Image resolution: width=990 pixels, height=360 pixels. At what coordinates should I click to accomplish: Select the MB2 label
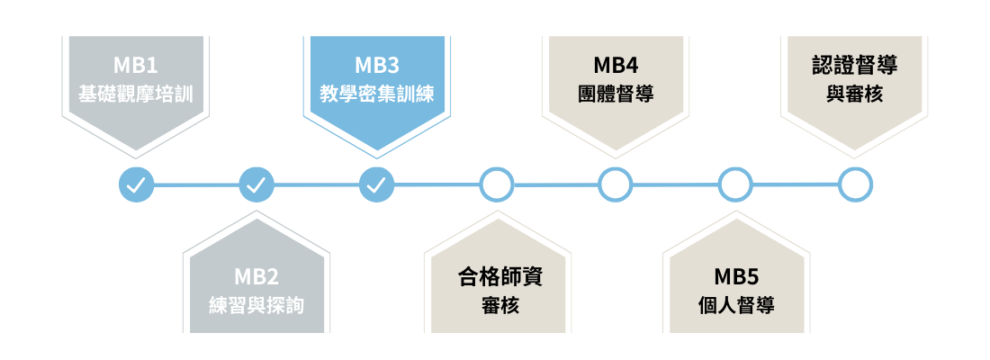(256, 276)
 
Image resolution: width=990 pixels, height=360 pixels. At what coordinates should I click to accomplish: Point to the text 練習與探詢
(256, 304)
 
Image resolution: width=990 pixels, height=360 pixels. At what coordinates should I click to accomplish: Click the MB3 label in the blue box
(377, 66)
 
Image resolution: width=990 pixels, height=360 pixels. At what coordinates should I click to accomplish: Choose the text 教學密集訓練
(377, 93)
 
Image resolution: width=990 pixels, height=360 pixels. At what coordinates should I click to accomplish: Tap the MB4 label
(616, 66)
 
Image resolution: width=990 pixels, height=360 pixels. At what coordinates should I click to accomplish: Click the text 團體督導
(616, 93)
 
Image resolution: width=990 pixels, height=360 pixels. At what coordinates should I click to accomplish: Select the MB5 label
(737, 276)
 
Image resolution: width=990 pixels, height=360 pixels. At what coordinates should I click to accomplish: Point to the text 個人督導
(737, 304)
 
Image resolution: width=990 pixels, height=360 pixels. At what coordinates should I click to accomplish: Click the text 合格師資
(497, 276)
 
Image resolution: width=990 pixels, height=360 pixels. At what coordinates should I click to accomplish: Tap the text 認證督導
(854, 66)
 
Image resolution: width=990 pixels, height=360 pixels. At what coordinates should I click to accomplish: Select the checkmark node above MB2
(256, 185)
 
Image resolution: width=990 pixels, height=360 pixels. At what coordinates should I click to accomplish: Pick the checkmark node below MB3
(376, 185)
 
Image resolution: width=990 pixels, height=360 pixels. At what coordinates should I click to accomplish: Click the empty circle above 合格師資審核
(496, 185)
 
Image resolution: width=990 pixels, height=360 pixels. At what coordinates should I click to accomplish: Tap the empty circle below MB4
(616, 185)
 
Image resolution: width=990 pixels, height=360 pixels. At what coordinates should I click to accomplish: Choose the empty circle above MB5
(735, 185)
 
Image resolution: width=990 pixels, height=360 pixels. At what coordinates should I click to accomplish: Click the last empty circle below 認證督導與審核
(855, 185)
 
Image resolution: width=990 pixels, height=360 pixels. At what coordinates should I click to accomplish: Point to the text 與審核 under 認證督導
(854, 93)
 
